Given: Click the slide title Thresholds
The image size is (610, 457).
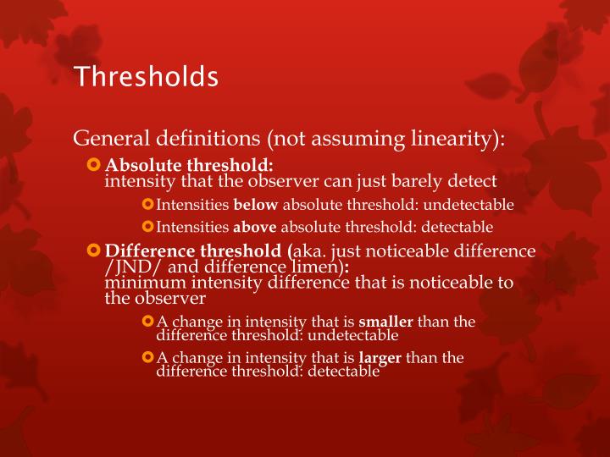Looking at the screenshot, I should pyautogui.click(x=146, y=77).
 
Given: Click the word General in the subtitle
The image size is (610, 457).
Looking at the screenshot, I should pyautogui.click(x=106, y=137).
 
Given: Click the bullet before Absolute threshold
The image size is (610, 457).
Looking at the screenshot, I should pyautogui.click(x=94, y=163).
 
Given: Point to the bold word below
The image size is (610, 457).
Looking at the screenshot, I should pyautogui.click(x=256, y=205).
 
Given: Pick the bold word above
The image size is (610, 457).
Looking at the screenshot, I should pyautogui.click(x=255, y=227).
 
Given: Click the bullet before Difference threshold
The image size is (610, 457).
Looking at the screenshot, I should pyautogui.click(x=94, y=251).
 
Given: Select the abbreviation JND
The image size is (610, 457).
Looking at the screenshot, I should pyautogui.click(x=128, y=267).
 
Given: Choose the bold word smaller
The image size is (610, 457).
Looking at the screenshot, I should pyautogui.click(x=385, y=322).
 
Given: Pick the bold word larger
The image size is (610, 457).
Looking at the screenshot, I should pyautogui.click(x=380, y=358).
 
